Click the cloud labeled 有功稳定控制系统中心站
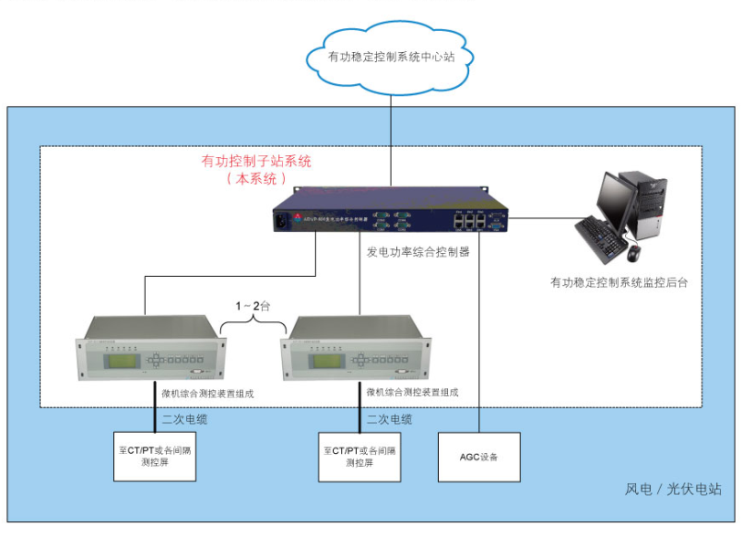pos(391,57)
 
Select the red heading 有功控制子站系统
pos(256,162)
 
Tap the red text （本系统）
pos(256,179)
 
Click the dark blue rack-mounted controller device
pos(390,216)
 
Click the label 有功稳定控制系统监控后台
pos(618,283)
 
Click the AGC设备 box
pos(480,456)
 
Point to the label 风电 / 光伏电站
pos(673,490)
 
